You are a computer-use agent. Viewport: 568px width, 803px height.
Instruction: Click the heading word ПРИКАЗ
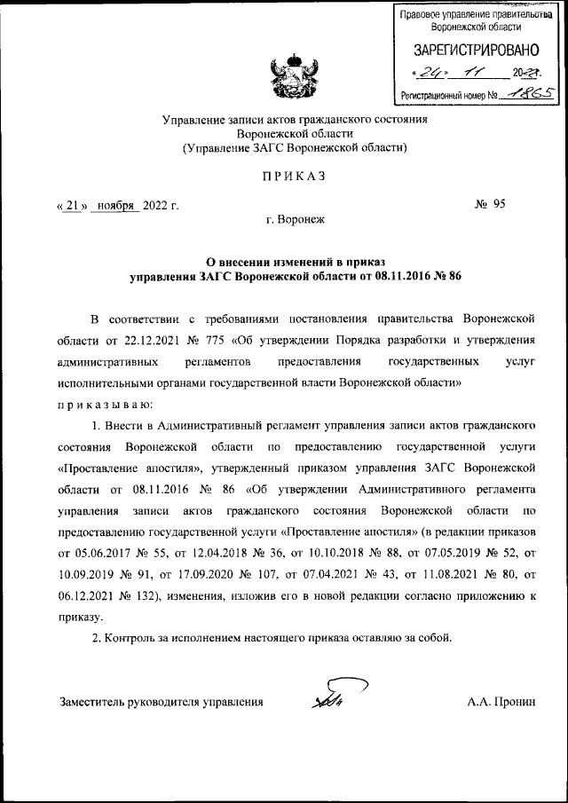point(294,177)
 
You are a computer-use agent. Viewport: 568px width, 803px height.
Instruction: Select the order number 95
point(500,204)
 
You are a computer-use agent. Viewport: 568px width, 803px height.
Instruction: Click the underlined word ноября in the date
point(117,205)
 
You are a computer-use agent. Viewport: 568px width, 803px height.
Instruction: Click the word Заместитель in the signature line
point(92,702)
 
